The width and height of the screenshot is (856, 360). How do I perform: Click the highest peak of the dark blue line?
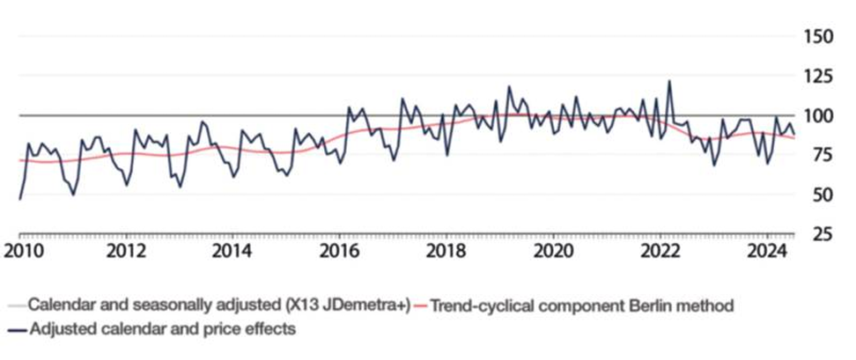(669, 81)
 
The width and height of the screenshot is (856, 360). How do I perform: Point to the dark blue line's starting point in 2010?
(19, 199)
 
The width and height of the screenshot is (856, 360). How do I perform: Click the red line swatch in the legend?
(424, 306)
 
